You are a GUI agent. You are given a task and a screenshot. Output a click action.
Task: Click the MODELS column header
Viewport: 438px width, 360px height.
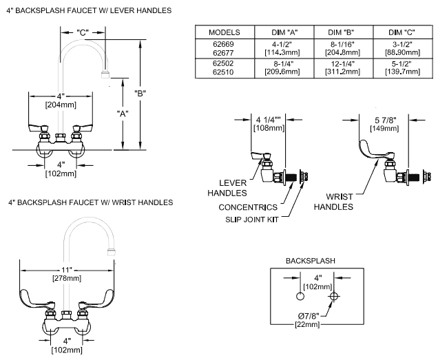[225, 32]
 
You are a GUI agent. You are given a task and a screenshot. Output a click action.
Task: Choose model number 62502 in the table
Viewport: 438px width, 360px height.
[225, 63]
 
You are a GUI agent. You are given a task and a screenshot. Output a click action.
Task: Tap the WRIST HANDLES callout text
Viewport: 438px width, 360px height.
[334, 201]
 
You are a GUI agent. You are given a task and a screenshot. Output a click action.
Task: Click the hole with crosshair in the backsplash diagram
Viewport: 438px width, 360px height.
[334, 296]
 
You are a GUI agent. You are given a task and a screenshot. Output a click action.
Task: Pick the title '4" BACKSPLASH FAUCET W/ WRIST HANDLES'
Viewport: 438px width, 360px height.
[90, 202]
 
